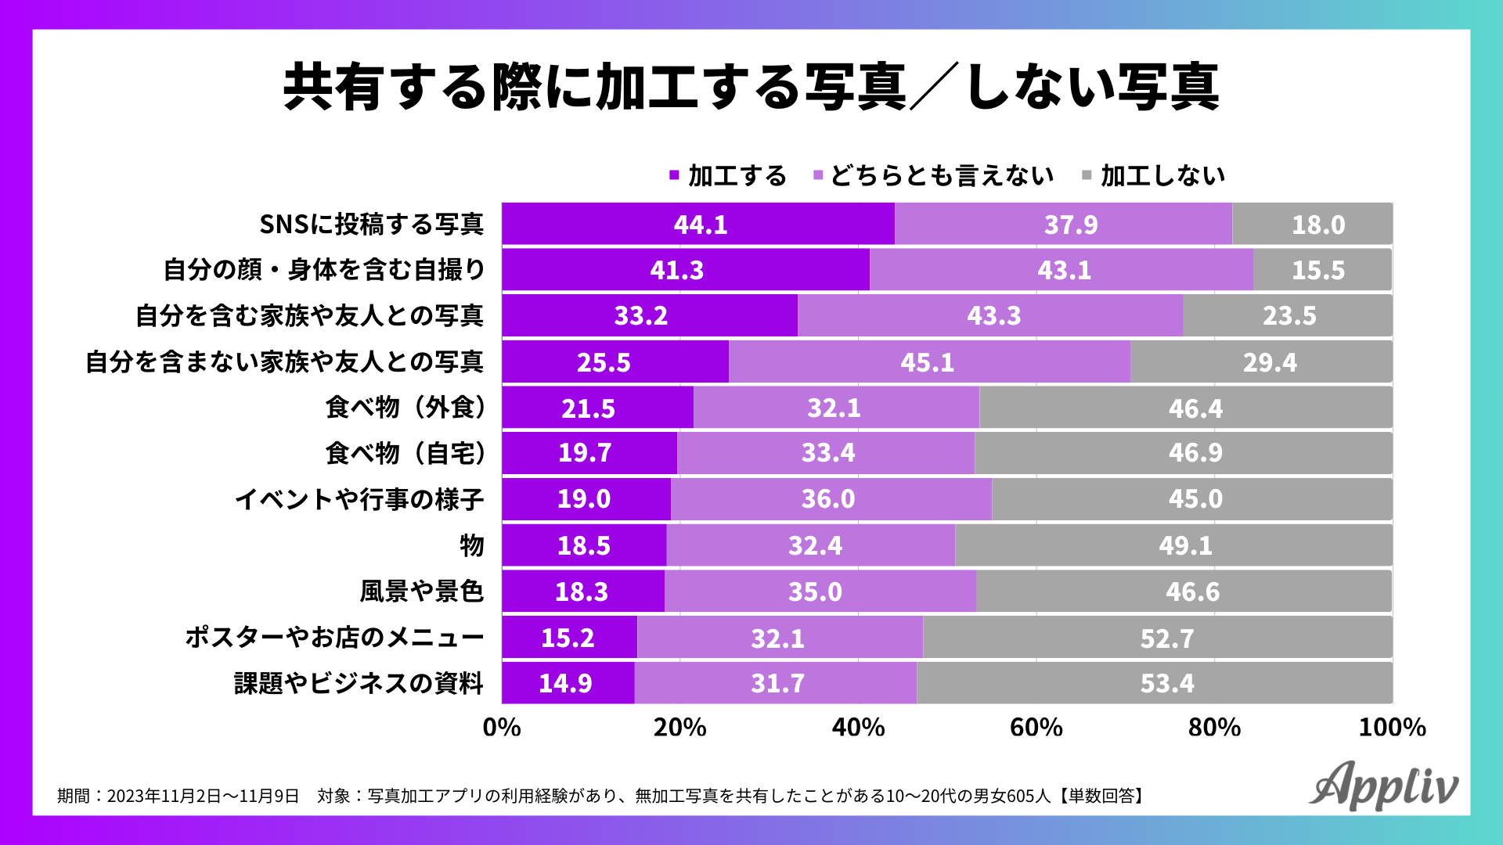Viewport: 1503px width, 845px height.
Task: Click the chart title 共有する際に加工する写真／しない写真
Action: [x=751, y=87]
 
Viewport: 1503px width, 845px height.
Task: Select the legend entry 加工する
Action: [x=728, y=176]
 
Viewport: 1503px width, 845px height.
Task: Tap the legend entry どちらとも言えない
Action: [x=935, y=176]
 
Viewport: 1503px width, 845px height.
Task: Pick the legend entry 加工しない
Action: [x=1155, y=176]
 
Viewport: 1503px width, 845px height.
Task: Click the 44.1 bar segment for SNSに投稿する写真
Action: [x=698, y=225]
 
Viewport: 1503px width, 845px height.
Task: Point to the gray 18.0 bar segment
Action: [x=1312, y=225]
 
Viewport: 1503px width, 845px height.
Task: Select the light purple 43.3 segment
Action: [x=990, y=316]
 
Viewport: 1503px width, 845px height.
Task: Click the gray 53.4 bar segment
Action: [x=1155, y=683]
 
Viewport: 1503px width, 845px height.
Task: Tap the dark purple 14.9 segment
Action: [x=568, y=683]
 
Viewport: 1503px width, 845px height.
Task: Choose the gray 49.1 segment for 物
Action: [x=1173, y=545]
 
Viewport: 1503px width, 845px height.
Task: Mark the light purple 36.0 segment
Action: [x=831, y=499]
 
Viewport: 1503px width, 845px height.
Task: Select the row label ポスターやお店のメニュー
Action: [x=334, y=638]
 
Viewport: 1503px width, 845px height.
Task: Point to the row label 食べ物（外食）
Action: [x=405, y=408]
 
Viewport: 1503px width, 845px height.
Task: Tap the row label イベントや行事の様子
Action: [x=359, y=499]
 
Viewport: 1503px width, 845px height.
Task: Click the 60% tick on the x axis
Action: [x=1036, y=728]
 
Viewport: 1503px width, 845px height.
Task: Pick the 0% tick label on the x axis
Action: [x=502, y=728]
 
